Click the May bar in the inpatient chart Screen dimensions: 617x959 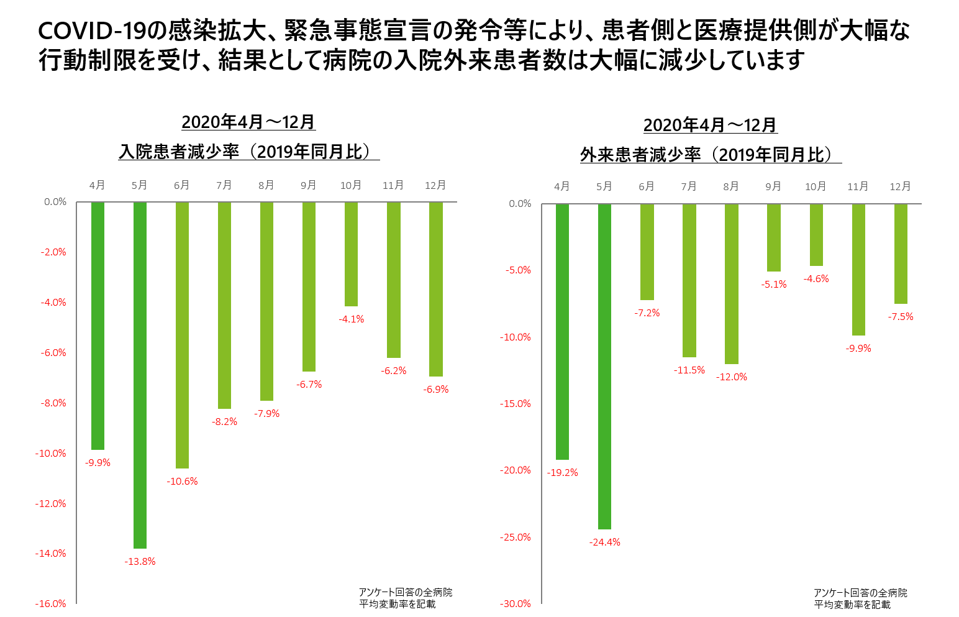click(140, 375)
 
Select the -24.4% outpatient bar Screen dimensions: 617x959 click(604, 367)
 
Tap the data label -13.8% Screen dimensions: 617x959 click(140, 562)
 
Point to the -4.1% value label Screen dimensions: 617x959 click(351, 319)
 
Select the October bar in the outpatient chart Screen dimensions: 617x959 click(816, 235)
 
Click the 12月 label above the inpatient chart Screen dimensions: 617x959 click(435, 185)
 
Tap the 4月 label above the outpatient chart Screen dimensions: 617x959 click(562, 186)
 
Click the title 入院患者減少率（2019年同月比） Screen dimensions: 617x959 click(248, 152)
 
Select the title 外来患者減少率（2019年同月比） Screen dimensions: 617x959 click(711, 155)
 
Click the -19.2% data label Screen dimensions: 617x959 click(562, 473)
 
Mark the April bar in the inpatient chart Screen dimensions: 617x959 click(98, 326)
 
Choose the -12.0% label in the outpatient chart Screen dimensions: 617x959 click(732, 377)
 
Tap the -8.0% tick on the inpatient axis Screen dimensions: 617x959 click(53, 403)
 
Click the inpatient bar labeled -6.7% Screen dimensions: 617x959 click(309, 286)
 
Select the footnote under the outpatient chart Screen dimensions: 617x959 click(860, 598)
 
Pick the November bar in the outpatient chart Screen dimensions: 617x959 click(858, 270)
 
